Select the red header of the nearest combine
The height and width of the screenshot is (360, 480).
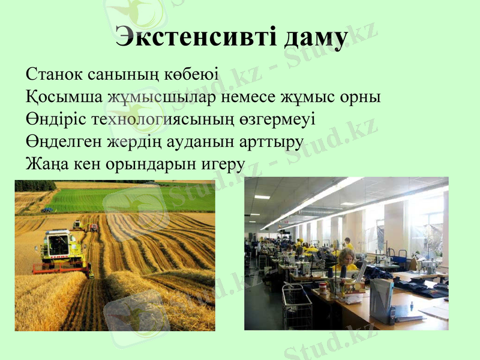point(60,268)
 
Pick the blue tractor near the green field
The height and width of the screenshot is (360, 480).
point(46,209)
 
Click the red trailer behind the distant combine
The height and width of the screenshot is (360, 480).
point(94,227)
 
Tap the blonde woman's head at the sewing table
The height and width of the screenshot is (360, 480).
point(346,257)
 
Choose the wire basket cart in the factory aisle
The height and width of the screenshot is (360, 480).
point(297,306)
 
